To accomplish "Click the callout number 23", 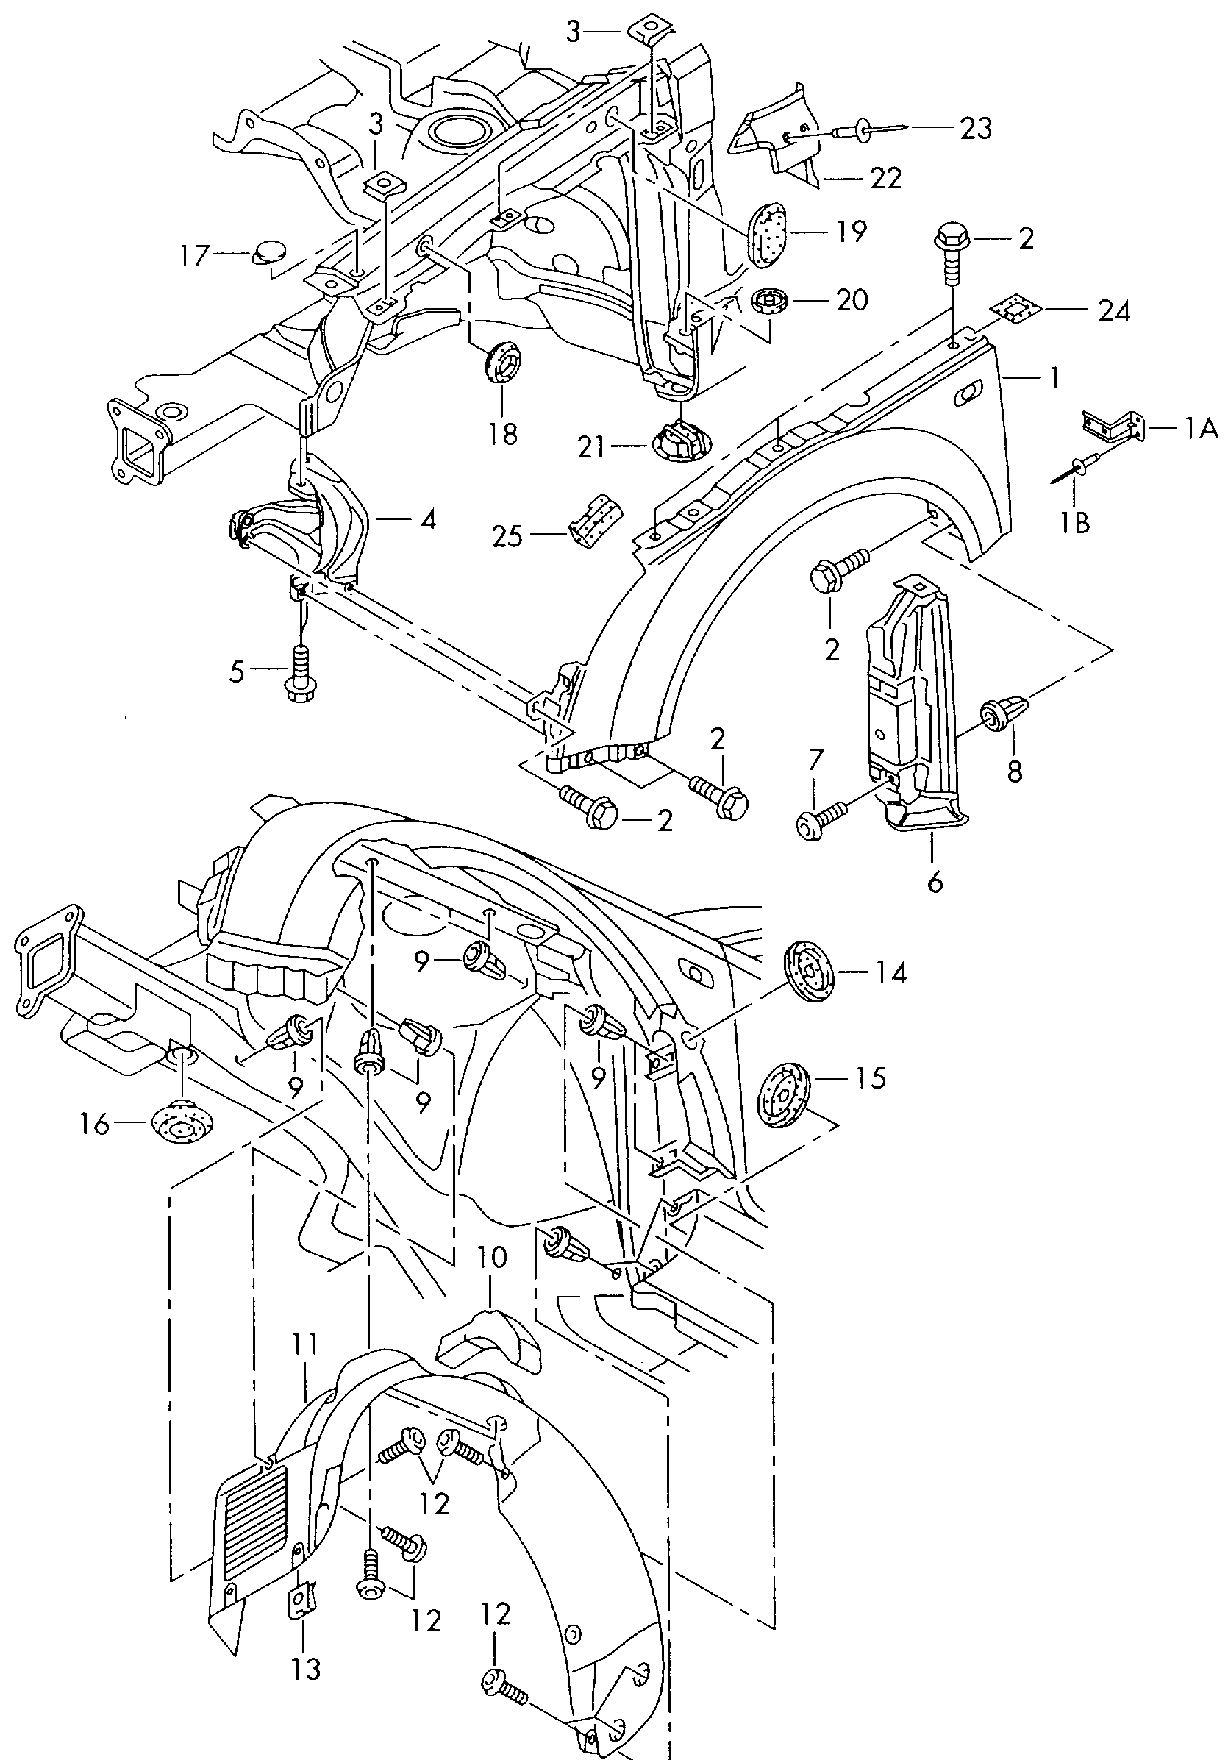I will coord(975,129).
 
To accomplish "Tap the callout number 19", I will coord(851,231).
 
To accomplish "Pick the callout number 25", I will coord(507,535).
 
